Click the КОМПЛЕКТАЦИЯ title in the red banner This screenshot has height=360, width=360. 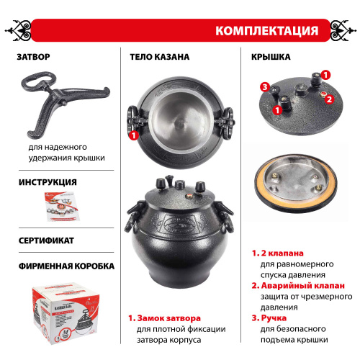[266, 31]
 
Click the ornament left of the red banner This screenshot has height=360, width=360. [19, 31]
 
